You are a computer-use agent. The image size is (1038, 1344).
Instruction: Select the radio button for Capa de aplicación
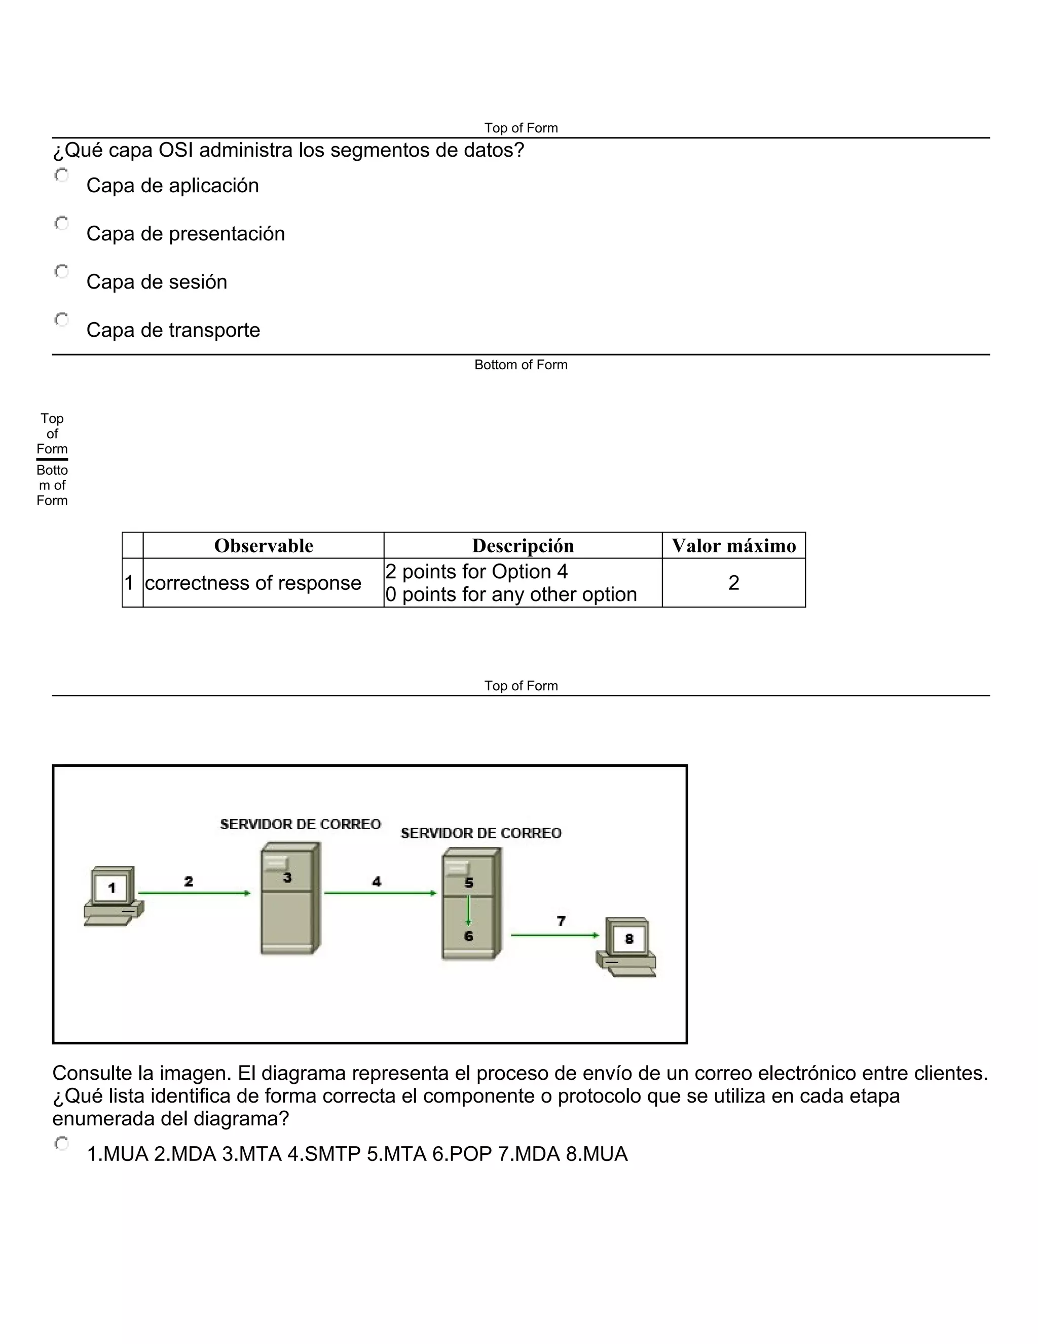click(x=61, y=175)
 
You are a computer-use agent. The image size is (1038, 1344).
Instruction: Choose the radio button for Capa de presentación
click(x=61, y=223)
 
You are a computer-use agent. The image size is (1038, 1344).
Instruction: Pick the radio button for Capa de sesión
click(x=61, y=271)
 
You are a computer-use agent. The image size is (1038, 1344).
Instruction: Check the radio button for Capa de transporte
click(x=61, y=320)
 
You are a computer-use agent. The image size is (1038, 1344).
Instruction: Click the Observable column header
click(x=263, y=546)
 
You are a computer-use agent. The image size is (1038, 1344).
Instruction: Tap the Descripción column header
click(x=523, y=546)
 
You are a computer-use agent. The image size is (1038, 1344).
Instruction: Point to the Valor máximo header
click(x=733, y=546)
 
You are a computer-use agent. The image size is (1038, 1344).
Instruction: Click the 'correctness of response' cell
click(x=253, y=583)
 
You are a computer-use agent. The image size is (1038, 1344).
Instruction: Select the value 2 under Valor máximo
click(x=733, y=583)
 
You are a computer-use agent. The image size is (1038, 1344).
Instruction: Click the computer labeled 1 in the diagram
click(x=113, y=895)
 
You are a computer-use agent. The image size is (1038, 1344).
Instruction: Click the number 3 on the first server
click(x=287, y=878)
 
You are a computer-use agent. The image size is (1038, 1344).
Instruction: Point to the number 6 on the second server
click(x=469, y=936)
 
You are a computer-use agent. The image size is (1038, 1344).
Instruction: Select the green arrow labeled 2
click(x=194, y=893)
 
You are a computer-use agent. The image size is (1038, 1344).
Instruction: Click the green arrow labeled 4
click(x=380, y=893)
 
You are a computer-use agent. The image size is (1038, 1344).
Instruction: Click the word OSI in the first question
click(x=176, y=150)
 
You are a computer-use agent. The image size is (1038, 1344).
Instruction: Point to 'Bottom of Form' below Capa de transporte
click(x=521, y=365)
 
